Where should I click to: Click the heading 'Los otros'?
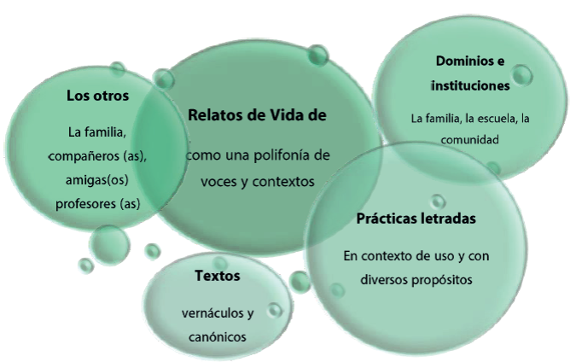(x=97, y=96)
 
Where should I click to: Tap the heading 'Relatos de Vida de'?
(x=258, y=115)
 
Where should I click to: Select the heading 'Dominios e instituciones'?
(x=471, y=73)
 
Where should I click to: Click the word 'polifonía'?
(x=271, y=155)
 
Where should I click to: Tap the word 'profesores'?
(x=89, y=204)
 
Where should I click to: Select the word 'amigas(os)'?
(x=97, y=180)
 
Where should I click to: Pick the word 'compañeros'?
(x=84, y=156)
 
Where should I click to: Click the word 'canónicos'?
(x=217, y=336)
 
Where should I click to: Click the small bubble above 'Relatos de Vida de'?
(x=317, y=55)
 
